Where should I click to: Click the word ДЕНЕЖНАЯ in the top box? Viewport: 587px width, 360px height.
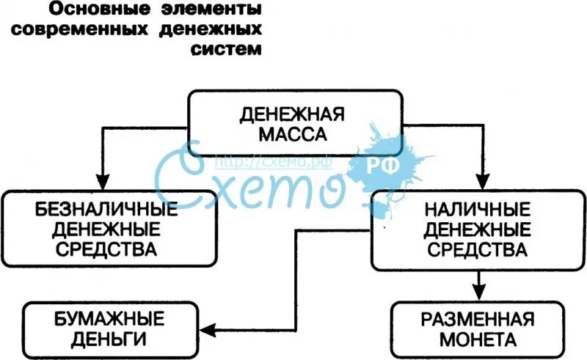293,115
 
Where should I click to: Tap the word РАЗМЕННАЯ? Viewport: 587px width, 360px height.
477,320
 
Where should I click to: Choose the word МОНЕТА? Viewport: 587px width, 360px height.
477,339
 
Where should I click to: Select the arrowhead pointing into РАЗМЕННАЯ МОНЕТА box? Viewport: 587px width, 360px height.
478,291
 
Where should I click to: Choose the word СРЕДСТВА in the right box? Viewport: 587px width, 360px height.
477,250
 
